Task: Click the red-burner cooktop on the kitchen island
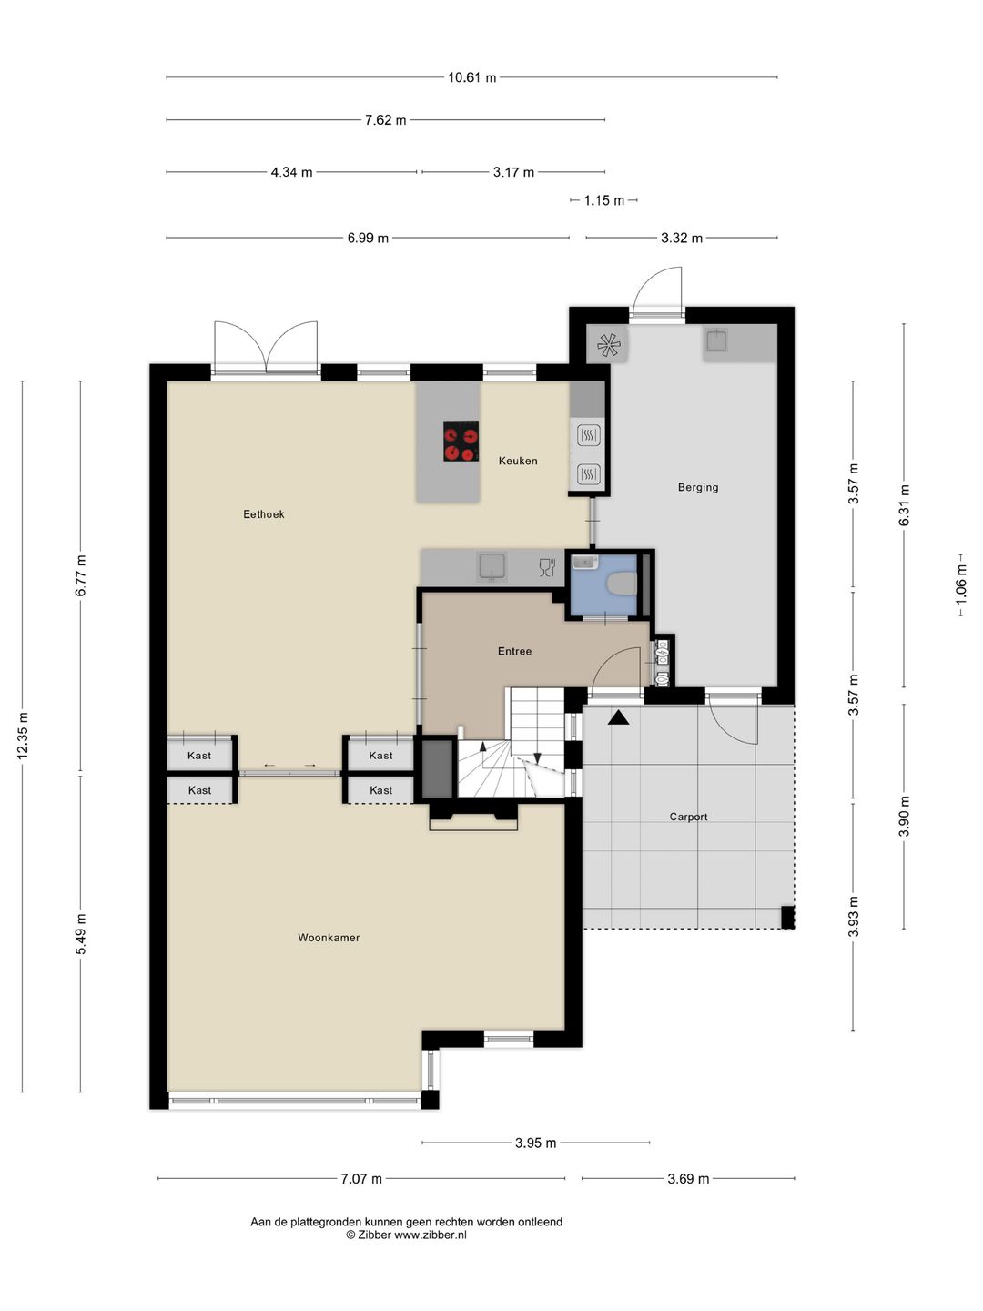click(461, 441)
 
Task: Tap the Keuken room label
click(518, 461)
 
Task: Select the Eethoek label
click(263, 513)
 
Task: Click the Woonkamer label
click(329, 937)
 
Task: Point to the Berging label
click(698, 487)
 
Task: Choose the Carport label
click(688, 817)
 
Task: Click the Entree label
click(514, 651)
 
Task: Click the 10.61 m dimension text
click(472, 77)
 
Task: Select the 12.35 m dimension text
click(23, 736)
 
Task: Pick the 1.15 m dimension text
click(604, 200)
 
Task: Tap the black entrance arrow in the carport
click(618, 717)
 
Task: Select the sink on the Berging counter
click(715, 340)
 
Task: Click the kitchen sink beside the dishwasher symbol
click(492, 566)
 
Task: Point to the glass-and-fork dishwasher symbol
click(547, 567)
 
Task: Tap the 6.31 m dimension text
click(904, 504)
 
